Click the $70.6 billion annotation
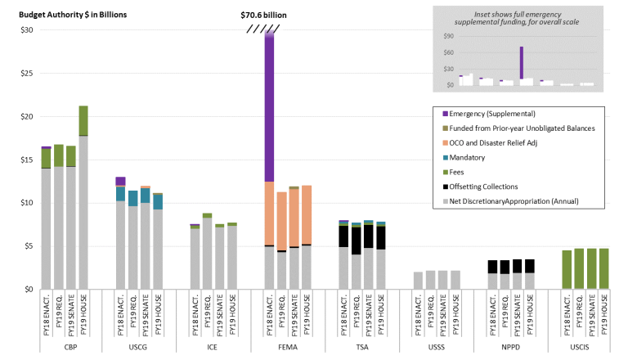pyautogui.click(x=263, y=15)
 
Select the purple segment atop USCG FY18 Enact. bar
pyautogui.click(x=120, y=181)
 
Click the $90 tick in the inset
pyautogui.click(x=448, y=37)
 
